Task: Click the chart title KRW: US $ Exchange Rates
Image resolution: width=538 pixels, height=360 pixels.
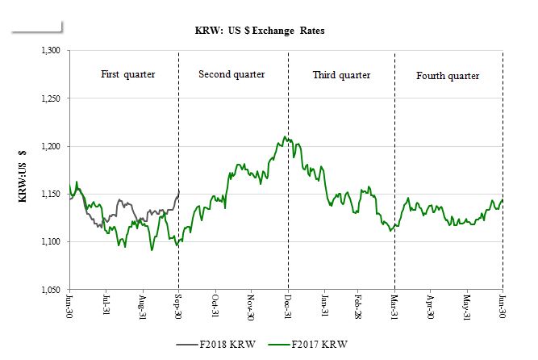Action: pos(260,31)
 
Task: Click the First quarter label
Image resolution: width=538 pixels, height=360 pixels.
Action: pos(127,75)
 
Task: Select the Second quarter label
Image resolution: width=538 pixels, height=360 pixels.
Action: pos(232,75)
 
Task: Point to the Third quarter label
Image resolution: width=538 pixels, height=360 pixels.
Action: pos(341,75)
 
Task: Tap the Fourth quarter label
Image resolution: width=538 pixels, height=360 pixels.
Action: pos(448,76)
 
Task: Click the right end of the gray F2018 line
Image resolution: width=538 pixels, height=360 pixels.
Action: pos(178,190)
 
